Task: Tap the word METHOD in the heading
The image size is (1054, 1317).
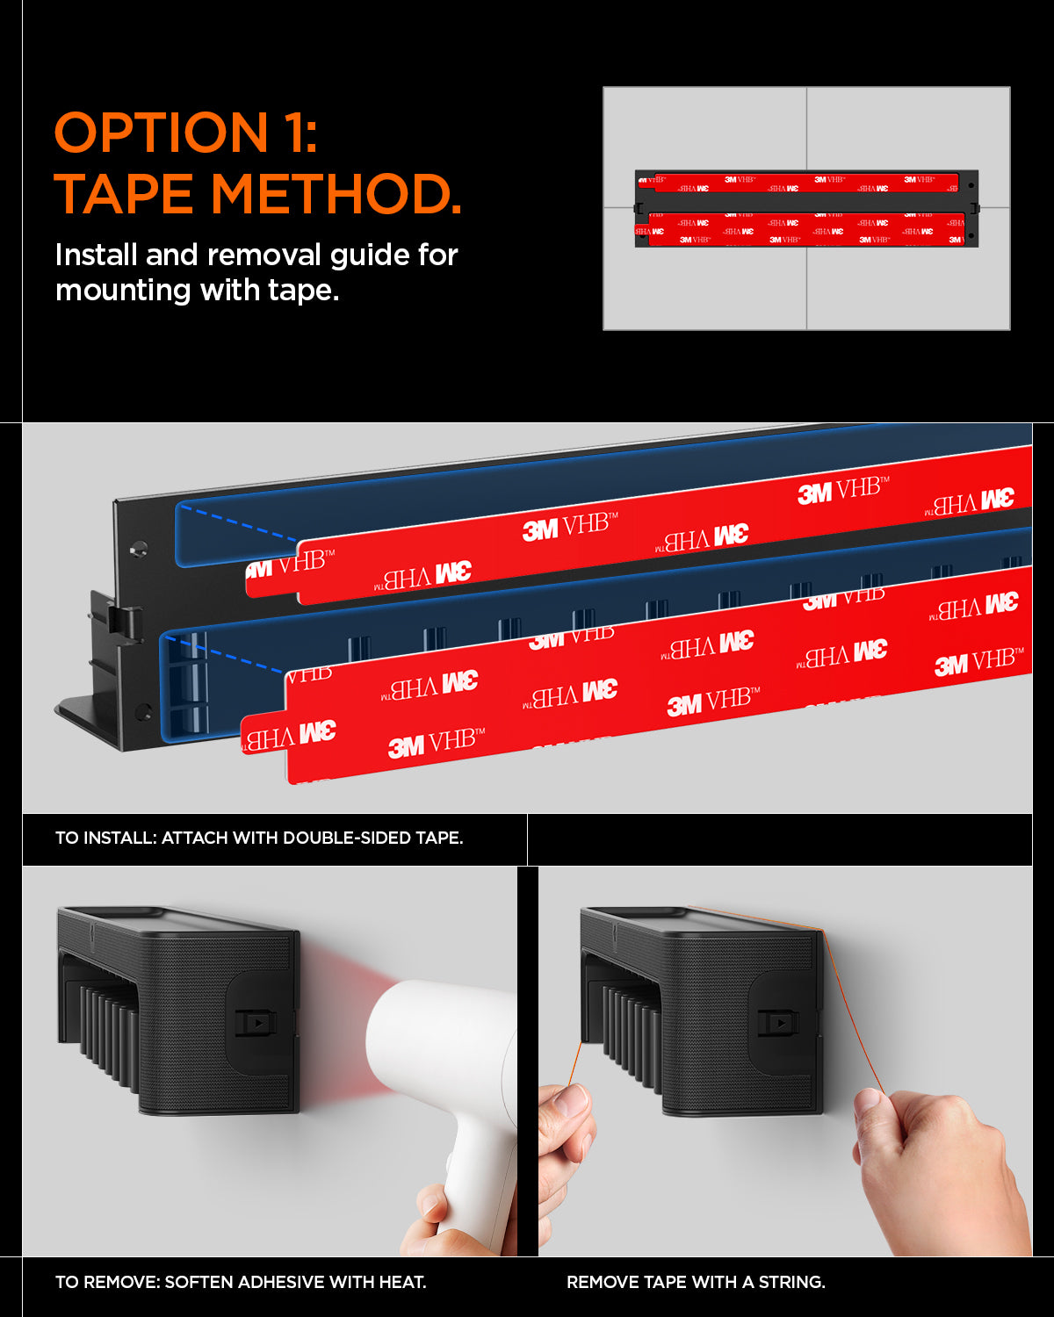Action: (335, 194)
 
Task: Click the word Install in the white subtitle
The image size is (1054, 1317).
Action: (97, 255)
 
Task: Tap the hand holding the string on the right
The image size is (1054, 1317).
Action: (931, 1168)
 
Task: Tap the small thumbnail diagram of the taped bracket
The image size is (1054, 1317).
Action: (806, 208)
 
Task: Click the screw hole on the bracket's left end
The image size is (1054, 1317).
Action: (138, 548)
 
